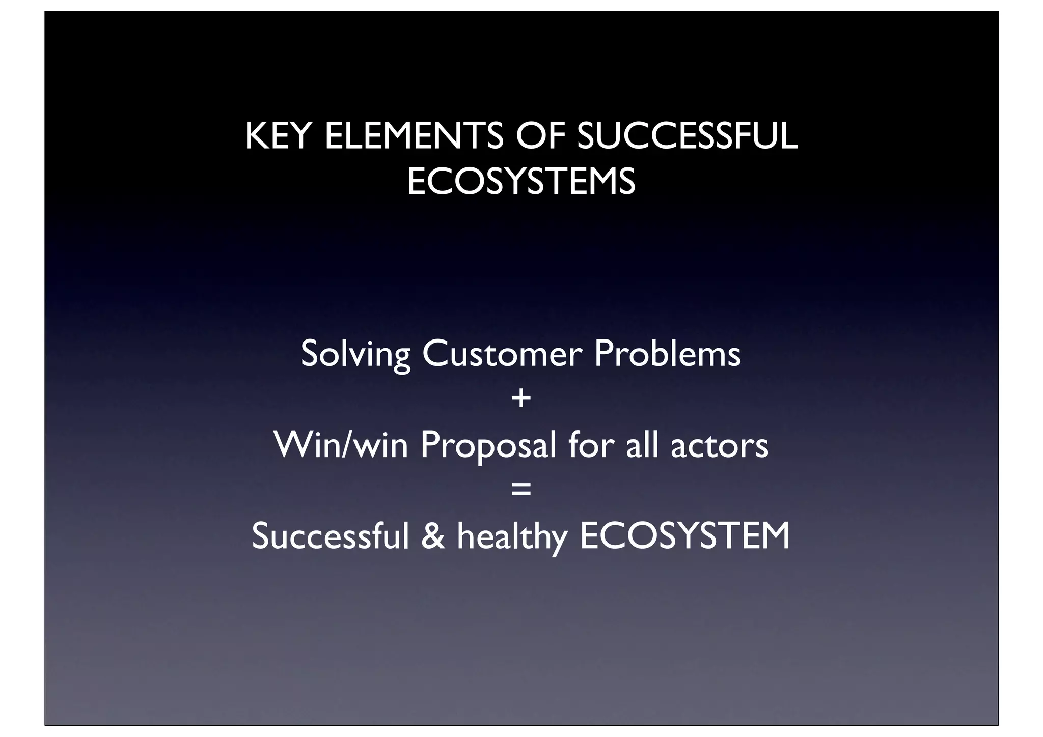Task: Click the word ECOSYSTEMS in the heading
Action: [x=521, y=182]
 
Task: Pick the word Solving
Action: [x=355, y=355]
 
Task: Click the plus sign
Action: [x=521, y=399]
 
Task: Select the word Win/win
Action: [x=341, y=445]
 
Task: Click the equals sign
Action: [x=521, y=490]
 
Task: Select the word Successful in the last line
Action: [x=331, y=536]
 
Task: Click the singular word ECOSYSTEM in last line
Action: [x=685, y=536]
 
